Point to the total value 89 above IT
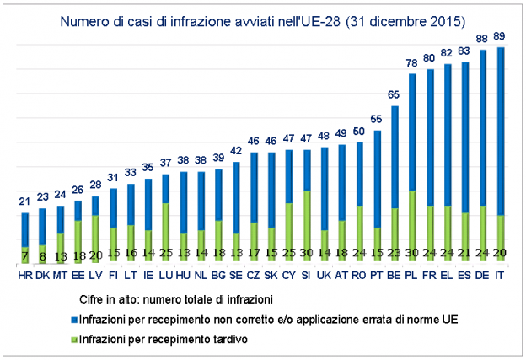(x=501, y=36)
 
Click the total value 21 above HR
(x=24, y=201)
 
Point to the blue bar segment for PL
(x=411, y=132)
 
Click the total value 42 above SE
(x=235, y=151)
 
